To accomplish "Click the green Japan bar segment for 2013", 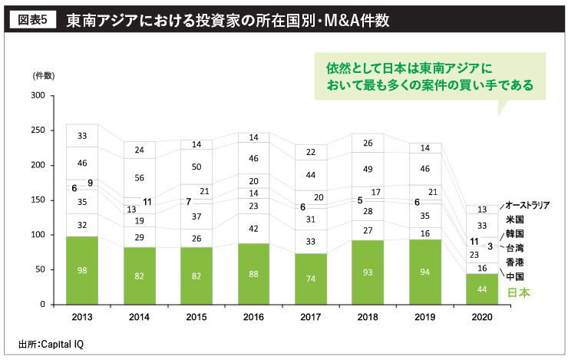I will pyautogui.click(x=82, y=271).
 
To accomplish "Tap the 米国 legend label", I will pyautogui.click(x=514, y=220).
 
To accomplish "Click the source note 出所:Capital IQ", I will pyautogui.click(x=51, y=344).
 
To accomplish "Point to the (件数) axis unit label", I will pyautogui.click(x=43, y=76).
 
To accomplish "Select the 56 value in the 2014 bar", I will pyautogui.click(x=139, y=177).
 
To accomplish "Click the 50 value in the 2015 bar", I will pyautogui.click(x=196, y=167).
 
